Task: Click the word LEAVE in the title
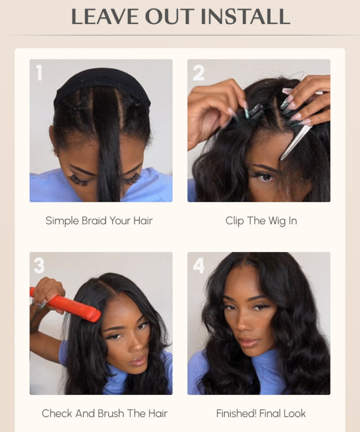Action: (104, 17)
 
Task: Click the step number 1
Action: (39, 73)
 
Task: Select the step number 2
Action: (198, 73)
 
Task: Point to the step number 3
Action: (39, 266)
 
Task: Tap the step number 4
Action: (199, 266)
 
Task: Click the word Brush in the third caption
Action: (112, 413)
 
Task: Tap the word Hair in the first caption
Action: (143, 220)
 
